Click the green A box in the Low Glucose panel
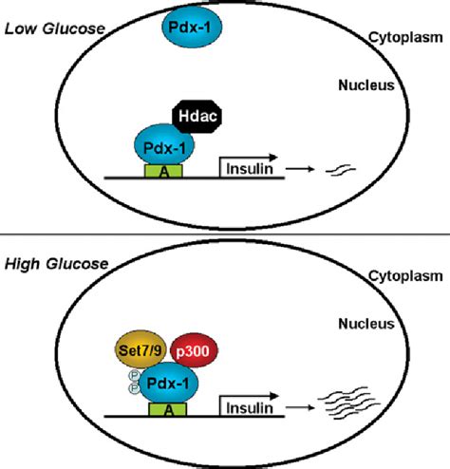[x=167, y=172]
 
